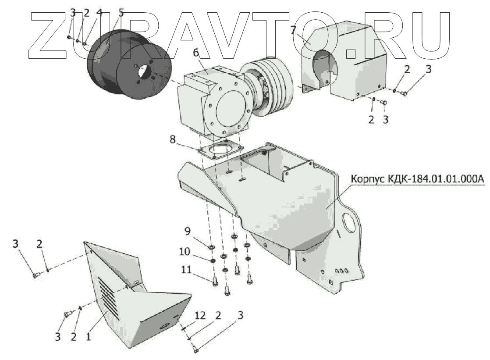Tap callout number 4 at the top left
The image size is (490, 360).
tap(99, 13)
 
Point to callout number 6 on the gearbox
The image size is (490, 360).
tap(195, 53)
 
